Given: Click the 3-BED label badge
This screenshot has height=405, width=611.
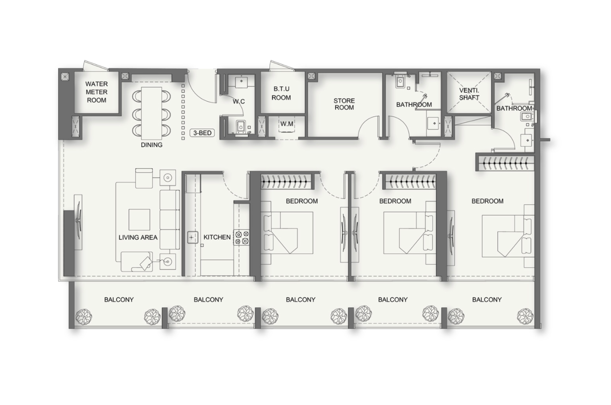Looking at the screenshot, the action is [202, 133].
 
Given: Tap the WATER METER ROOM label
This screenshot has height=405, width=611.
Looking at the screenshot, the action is [96, 92].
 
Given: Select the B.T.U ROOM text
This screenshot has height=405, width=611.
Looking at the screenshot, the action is [281, 93].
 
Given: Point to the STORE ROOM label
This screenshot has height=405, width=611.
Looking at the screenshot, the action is [344, 104].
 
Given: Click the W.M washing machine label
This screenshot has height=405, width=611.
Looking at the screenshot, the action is [287, 124].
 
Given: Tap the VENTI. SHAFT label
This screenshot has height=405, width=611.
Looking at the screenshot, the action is [469, 94].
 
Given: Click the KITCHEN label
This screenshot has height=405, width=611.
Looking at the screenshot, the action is [217, 237].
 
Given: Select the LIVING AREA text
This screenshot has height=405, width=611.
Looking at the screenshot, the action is [138, 238].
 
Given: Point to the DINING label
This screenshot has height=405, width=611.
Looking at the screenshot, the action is [152, 145].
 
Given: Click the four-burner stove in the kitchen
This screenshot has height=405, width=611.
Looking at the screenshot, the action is [242, 238].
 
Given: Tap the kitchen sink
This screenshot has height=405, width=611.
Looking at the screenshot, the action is [192, 237].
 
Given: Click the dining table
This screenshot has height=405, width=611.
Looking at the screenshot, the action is [151, 113].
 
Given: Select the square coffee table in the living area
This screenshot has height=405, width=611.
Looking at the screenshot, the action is [139, 220].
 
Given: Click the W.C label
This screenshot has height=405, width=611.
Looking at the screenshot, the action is [239, 102].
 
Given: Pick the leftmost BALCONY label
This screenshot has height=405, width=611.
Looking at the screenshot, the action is [119, 300].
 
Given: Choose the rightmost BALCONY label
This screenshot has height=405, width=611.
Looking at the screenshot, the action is [487, 300].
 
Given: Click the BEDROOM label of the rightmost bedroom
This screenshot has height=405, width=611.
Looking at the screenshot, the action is [488, 201].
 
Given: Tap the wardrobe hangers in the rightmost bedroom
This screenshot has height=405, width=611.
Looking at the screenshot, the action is [505, 163].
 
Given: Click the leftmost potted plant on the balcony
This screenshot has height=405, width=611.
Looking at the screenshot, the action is [83, 317].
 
